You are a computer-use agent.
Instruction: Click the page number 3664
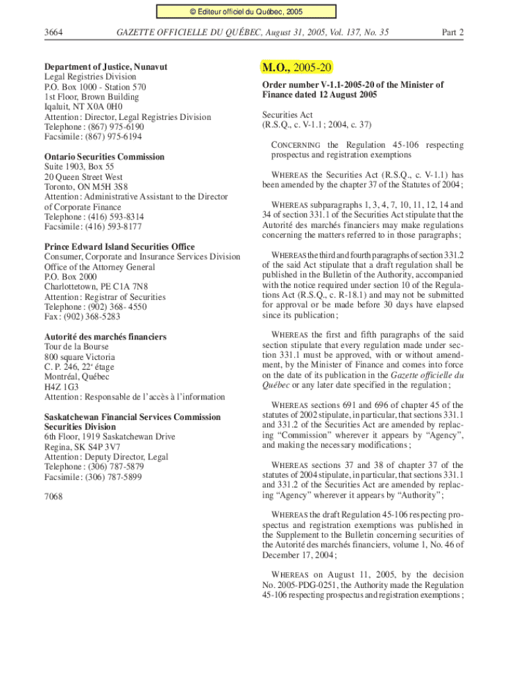tap(53, 32)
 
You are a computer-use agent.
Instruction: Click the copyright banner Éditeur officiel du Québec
tap(246, 11)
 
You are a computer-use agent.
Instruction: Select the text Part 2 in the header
tap(452, 32)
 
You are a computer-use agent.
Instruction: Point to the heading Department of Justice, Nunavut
tap(106, 67)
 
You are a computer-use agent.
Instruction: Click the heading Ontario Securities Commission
tap(104, 157)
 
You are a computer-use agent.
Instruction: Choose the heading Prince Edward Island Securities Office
tap(119, 247)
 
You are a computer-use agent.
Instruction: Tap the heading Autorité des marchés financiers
tap(105, 337)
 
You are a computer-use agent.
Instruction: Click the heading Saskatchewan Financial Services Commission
tap(133, 417)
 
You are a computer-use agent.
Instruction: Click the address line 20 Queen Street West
tap(83, 177)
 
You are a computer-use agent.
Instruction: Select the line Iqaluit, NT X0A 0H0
tap(83, 107)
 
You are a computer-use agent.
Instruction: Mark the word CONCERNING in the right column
tap(296, 145)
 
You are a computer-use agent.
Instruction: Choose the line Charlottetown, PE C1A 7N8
tap(96, 287)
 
